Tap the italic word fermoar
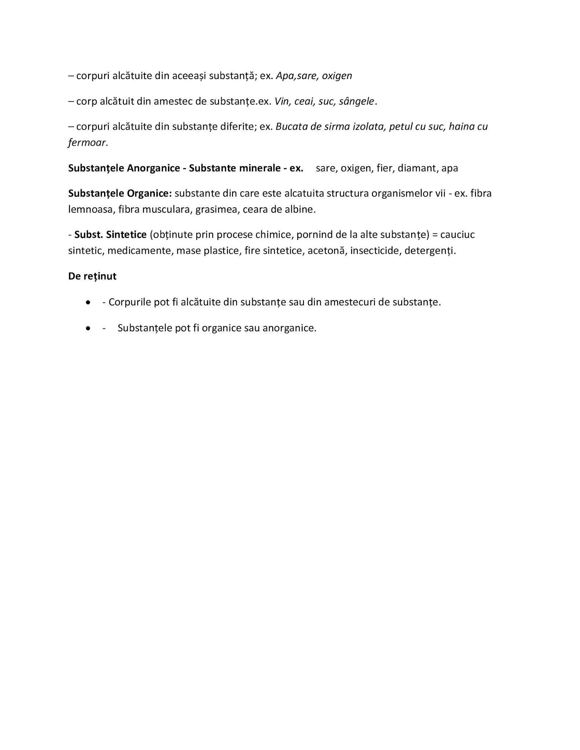tap(87, 142)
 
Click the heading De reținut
tap(92, 276)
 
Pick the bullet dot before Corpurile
tap(88, 302)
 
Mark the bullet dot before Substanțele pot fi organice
tap(88, 328)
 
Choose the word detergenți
tap(429, 251)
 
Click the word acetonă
tap(327, 251)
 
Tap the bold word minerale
tap(260, 168)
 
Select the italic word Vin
tap(282, 101)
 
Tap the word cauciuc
tap(457, 234)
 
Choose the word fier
tap(384, 168)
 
